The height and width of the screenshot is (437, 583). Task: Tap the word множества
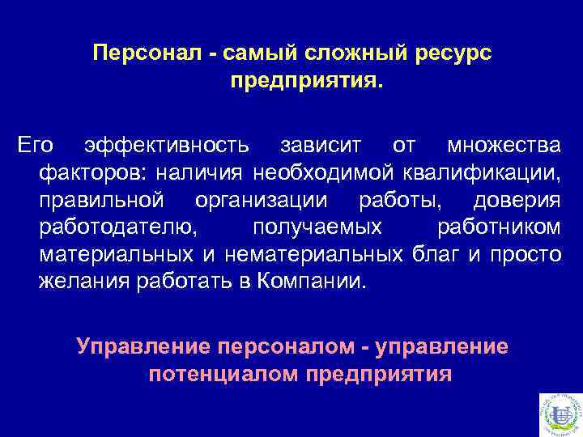point(502,146)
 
